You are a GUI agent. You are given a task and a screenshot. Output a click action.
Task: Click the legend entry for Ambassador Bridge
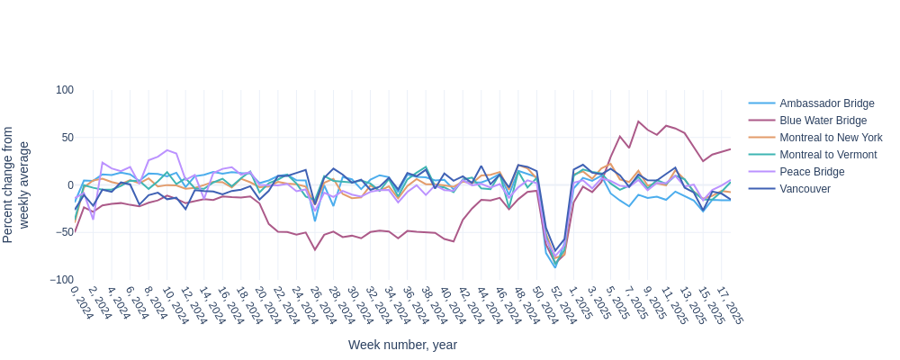[826, 103]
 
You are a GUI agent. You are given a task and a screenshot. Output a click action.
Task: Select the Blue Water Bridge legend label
[823, 121]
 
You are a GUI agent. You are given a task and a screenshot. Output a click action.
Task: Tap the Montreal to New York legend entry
[831, 138]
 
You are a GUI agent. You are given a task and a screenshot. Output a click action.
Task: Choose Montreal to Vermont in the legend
[828, 155]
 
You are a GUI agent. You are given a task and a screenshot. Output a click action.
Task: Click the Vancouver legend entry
[805, 189]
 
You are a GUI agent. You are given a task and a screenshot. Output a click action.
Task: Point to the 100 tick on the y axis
[65, 90]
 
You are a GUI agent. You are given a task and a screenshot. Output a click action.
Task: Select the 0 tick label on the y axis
[70, 185]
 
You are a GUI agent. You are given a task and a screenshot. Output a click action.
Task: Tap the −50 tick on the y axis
[63, 232]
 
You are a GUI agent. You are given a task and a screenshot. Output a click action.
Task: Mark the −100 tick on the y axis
[61, 280]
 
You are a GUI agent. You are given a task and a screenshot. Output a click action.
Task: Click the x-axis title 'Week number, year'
[402, 345]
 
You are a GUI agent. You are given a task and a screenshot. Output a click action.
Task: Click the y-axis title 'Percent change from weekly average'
[16, 184]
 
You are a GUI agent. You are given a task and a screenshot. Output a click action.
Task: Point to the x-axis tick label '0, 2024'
[82, 304]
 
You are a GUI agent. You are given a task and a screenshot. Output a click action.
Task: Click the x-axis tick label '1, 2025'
[579, 304]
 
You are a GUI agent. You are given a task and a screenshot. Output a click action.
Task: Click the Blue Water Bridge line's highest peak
[638, 121]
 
